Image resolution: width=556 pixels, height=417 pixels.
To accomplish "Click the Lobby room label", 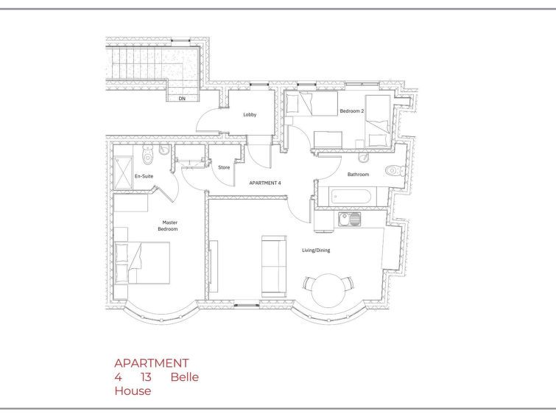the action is click(x=250, y=115).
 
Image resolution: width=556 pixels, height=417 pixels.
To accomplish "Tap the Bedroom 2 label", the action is click(x=352, y=111).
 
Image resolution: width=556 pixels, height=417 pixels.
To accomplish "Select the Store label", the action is click(x=224, y=167).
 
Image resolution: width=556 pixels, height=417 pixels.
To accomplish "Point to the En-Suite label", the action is click(x=144, y=176).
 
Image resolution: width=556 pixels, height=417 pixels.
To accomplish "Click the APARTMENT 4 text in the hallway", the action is click(x=265, y=183).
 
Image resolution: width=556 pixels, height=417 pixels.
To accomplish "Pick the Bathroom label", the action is click(x=358, y=175).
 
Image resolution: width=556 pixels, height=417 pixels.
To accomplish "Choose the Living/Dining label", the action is click(x=316, y=250).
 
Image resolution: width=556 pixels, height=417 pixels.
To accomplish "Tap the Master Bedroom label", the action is click(x=168, y=225).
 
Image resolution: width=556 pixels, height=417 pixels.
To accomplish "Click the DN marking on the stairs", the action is click(x=182, y=98).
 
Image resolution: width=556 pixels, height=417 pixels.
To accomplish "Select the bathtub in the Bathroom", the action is click(x=352, y=196).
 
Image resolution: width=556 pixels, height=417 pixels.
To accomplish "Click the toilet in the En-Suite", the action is click(x=147, y=155).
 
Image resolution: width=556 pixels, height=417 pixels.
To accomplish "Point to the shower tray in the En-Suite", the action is click(x=123, y=173).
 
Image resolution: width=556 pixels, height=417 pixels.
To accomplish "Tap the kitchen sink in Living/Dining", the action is click(x=349, y=220).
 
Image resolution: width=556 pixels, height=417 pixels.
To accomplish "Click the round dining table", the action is click(x=328, y=290).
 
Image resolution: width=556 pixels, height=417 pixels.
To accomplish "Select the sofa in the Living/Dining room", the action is click(x=274, y=267).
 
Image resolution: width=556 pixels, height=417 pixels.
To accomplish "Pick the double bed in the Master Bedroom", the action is click(x=142, y=262).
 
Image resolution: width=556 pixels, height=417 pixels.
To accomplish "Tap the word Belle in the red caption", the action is click(x=185, y=377).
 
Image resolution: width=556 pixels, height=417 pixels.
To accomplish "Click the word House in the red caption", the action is click(x=133, y=391).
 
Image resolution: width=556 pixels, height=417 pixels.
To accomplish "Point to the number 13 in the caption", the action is click(x=146, y=377).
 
